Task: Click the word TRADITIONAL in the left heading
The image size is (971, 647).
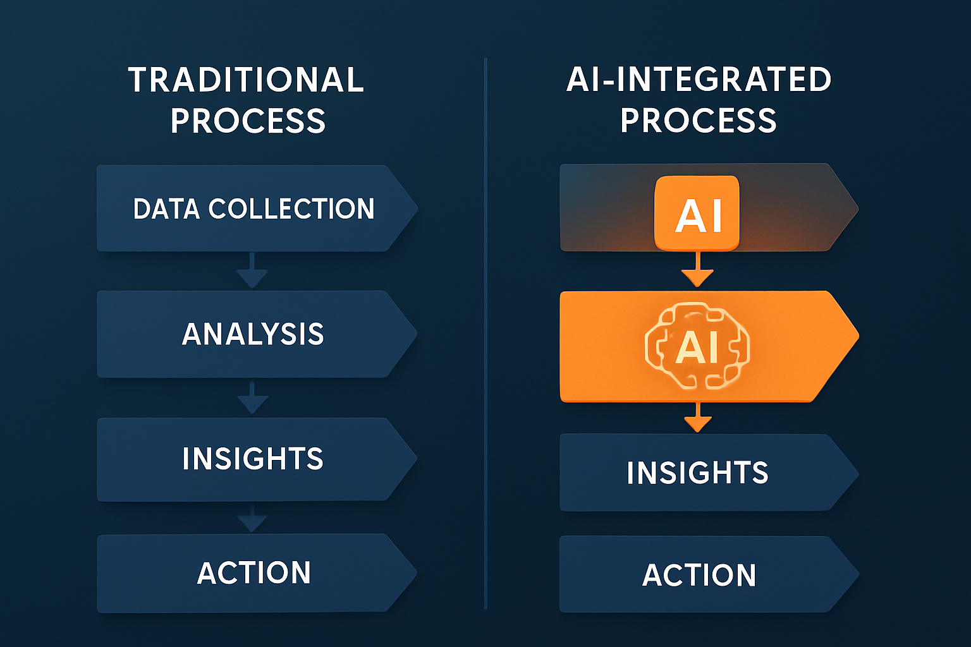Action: [x=246, y=80]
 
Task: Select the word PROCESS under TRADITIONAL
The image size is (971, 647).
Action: [x=248, y=121]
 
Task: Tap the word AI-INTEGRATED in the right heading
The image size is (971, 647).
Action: [x=699, y=80]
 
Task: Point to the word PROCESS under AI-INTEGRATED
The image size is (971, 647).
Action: [x=699, y=121]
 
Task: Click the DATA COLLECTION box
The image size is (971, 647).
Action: [x=257, y=209]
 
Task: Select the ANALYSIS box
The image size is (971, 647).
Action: [x=257, y=334]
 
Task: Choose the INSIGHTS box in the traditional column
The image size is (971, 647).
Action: [x=257, y=459]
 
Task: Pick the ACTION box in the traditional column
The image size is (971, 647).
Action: [x=257, y=573]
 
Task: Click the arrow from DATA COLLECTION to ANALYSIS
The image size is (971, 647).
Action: [x=252, y=270]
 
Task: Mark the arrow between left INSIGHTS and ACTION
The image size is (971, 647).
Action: [x=252, y=518]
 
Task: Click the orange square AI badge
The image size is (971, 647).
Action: [x=697, y=213]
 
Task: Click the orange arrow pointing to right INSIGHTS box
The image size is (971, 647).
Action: [x=698, y=418]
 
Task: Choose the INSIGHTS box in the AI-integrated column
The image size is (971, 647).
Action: [x=709, y=473]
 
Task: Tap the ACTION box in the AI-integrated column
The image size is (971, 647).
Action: [x=709, y=574]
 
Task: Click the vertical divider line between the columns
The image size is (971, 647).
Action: [x=485, y=334]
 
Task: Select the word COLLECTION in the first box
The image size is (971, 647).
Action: [x=291, y=209]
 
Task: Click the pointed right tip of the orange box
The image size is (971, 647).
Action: [x=858, y=336]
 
